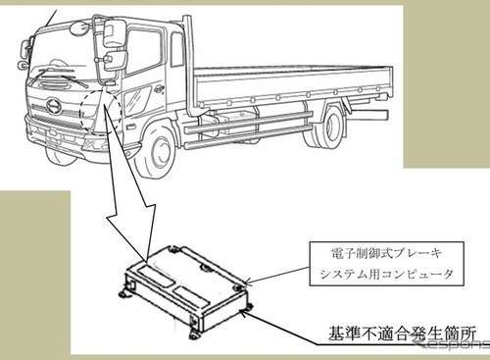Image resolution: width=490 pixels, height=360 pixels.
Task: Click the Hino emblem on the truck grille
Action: (54, 106)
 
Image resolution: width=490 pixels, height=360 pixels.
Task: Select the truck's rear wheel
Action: (330, 126)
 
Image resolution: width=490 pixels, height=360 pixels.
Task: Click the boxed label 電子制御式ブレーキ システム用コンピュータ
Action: (386, 264)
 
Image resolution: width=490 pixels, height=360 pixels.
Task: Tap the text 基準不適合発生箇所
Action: (402, 333)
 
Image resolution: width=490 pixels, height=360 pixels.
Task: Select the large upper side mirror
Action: (114, 32)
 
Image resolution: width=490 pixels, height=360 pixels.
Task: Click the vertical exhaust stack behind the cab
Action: (190, 66)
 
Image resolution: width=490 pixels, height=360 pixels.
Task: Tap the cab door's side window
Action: (143, 52)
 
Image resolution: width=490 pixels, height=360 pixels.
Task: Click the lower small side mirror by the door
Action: (116, 60)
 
